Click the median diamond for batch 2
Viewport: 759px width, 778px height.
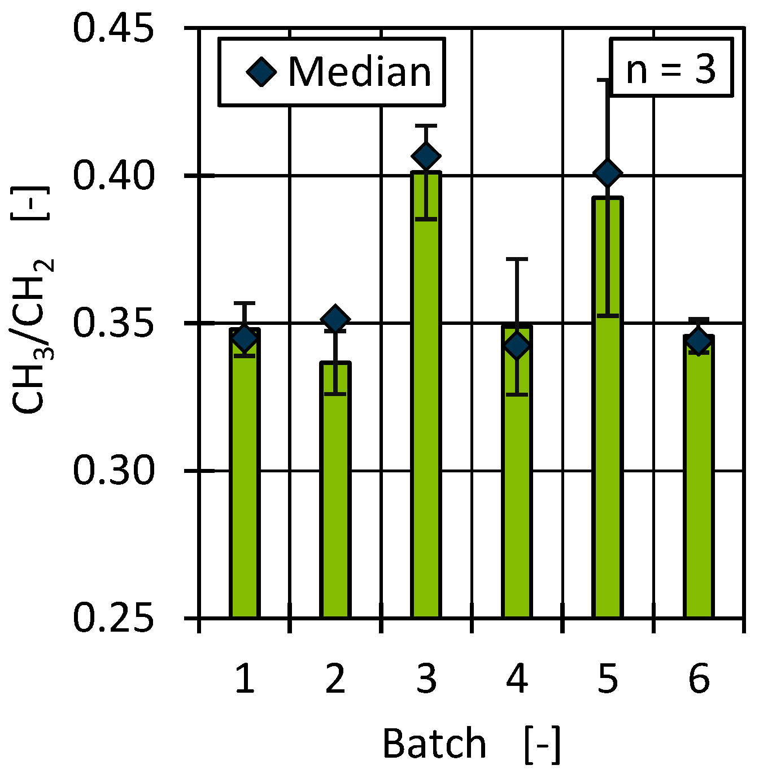click(x=335, y=320)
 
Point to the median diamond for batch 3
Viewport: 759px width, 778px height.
click(x=426, y=155)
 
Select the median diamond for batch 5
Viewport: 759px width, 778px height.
click(x=608, y=172)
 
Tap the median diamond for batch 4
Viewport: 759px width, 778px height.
click(x=517, y=345)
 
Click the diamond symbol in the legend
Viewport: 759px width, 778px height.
click(x=261, y=72)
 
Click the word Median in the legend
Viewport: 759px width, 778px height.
click(x=360, y=72)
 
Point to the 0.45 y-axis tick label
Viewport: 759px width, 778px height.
click(x=114, y=29)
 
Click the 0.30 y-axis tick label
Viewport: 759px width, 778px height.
click(x=114, y=471)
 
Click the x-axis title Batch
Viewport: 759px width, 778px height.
click(x=434, y=744)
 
